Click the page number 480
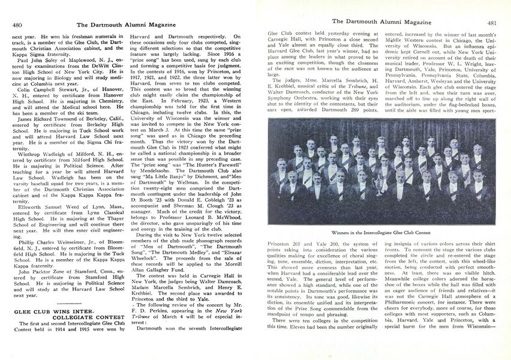point(17,25)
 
